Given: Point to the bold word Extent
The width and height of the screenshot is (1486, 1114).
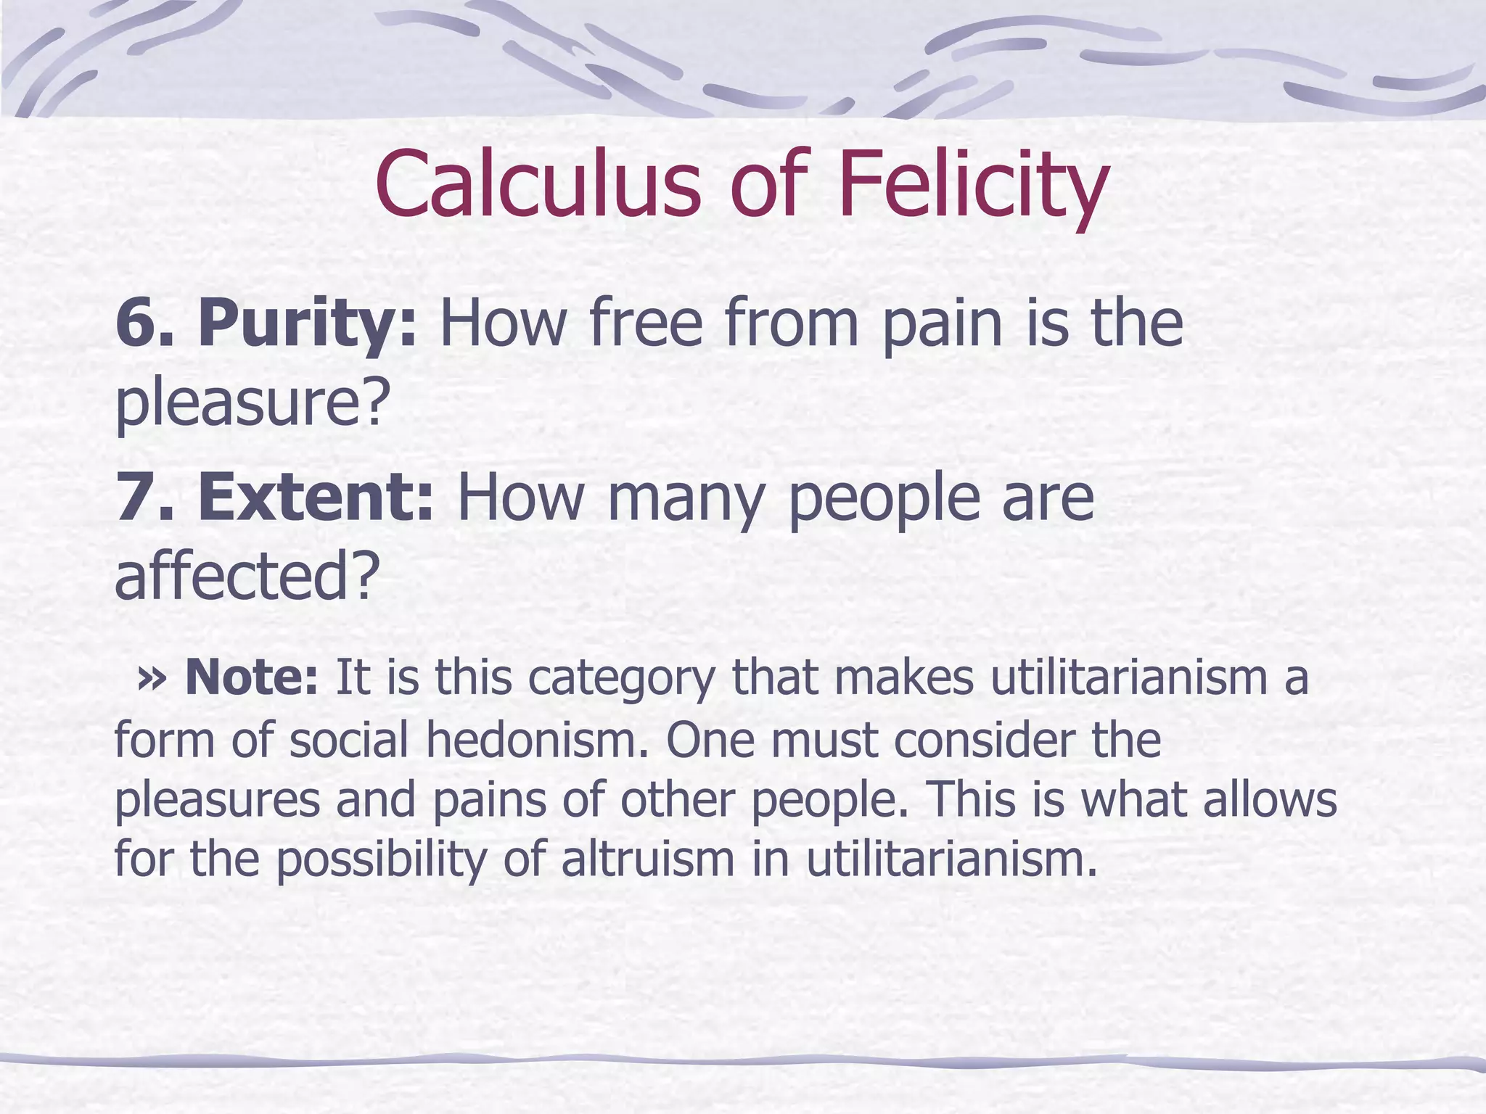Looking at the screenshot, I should pos(316,498).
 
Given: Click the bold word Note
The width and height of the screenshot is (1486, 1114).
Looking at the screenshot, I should pos(251,677).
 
